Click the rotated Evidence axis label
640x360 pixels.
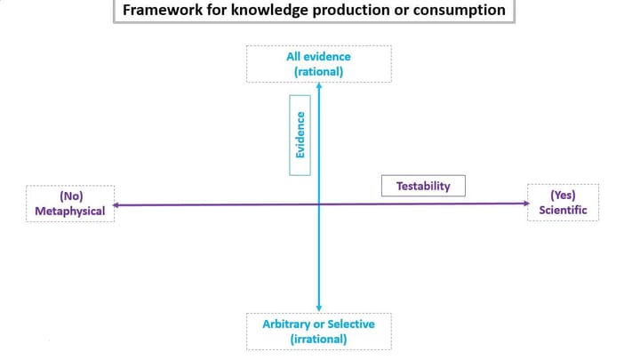300,134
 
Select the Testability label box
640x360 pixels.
423,186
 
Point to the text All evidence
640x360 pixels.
319,57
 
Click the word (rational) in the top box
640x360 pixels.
319,71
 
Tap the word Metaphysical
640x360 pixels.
70,211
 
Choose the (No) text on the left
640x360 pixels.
70,196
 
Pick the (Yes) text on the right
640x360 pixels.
563,196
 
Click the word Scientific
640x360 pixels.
563,211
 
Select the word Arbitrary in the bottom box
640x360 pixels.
289,324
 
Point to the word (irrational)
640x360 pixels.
318,339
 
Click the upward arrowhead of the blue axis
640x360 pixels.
319,86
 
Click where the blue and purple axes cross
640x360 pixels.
319,204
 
